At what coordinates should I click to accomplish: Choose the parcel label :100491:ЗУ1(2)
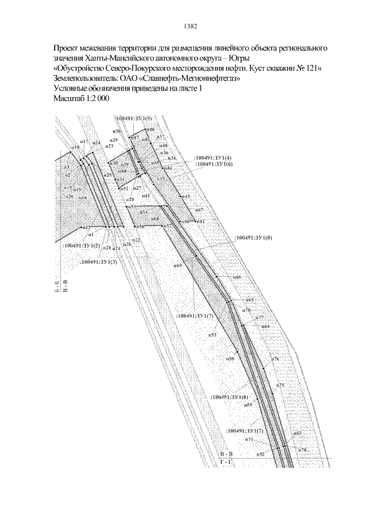81,245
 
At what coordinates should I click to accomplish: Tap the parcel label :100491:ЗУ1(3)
99,263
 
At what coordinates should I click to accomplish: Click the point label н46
150,129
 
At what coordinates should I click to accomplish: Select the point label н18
74,148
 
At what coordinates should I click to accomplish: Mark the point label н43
186,196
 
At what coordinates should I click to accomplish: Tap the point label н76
276,360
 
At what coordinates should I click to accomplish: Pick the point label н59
248,404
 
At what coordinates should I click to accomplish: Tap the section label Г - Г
226,461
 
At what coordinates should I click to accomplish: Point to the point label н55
133,206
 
